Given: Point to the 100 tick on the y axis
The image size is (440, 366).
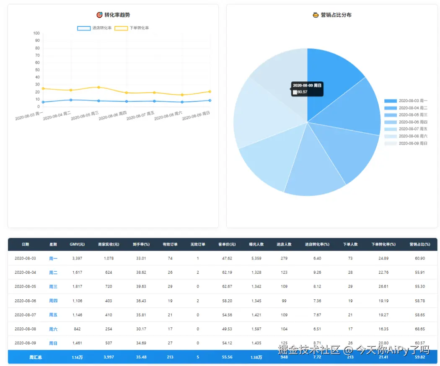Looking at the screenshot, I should [36, 34].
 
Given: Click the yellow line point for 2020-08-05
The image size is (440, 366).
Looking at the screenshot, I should [98, 87].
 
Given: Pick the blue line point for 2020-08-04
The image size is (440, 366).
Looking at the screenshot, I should [71, 100].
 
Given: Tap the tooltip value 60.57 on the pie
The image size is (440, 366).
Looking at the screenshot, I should [302, 92].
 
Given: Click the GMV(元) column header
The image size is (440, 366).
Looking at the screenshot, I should [77, 244].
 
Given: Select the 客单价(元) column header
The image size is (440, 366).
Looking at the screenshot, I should [227, 244].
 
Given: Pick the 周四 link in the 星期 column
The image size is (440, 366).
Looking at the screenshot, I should [53, 301].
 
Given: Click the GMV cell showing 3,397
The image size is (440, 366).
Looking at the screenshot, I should [77, 258].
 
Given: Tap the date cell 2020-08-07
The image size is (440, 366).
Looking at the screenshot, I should [25, 315].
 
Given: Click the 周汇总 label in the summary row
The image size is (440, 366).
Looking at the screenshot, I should [36, 358].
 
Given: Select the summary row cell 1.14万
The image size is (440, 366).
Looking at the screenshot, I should [77, 358].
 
